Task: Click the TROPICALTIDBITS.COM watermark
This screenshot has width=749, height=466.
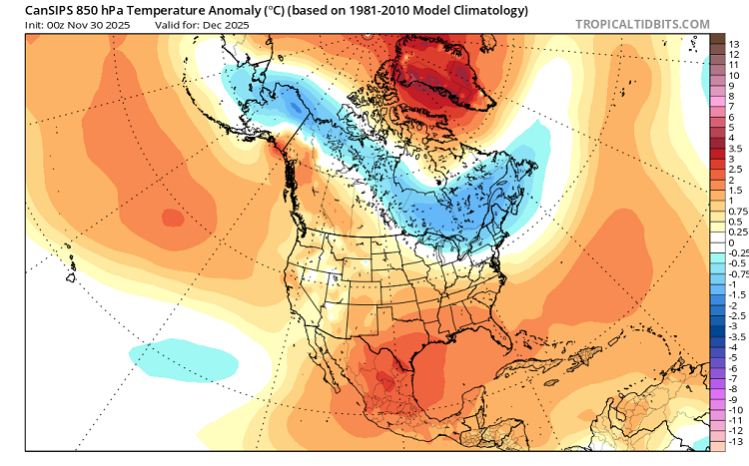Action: (642, 24)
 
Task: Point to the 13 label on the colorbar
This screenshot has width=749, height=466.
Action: (733, 44)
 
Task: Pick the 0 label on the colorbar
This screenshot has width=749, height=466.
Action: (731, 242)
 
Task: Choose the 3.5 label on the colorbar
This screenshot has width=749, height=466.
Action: (734, 148)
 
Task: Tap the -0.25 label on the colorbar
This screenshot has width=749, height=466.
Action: (736, 253)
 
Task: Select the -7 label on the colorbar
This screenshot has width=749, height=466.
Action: (733, 378)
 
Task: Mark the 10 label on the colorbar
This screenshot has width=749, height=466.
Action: (733, 75)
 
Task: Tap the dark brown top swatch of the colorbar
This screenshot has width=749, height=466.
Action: (717, 39)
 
